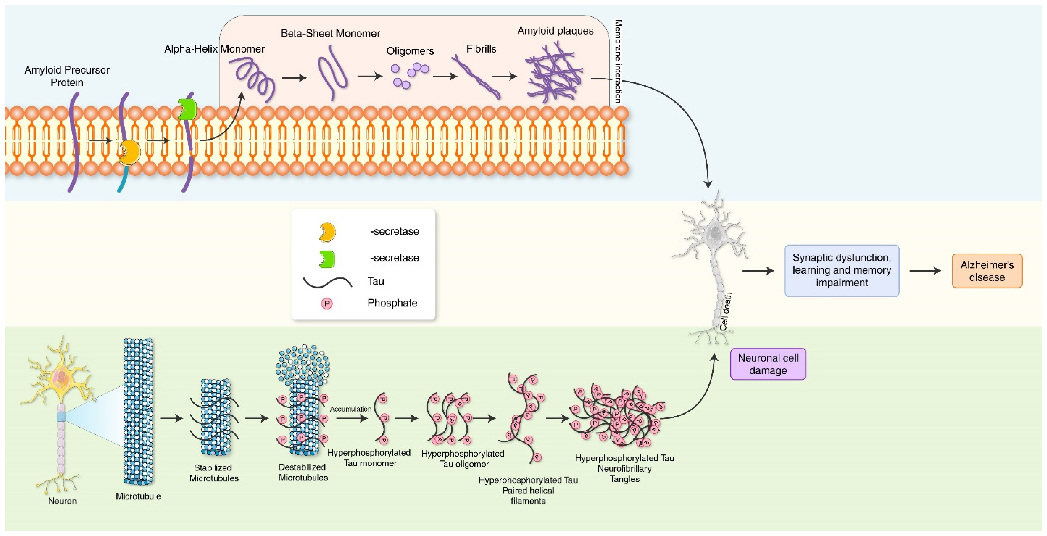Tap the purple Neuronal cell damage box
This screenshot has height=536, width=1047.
[768, 364]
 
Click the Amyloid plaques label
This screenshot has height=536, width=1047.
[555, 31]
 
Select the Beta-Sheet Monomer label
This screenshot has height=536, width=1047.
[330, 33]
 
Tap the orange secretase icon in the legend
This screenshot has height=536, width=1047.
[327, 232]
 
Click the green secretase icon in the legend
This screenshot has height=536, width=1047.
[327, 259]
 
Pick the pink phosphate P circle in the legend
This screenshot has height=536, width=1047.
[327, 303]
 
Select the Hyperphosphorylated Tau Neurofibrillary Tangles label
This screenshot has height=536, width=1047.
[624, 469]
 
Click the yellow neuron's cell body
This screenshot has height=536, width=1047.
[61, 378]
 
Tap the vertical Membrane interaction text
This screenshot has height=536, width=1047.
[618, 61]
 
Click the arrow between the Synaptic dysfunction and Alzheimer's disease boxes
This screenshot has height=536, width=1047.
[925, 271]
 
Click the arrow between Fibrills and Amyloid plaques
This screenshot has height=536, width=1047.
[504, 76]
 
